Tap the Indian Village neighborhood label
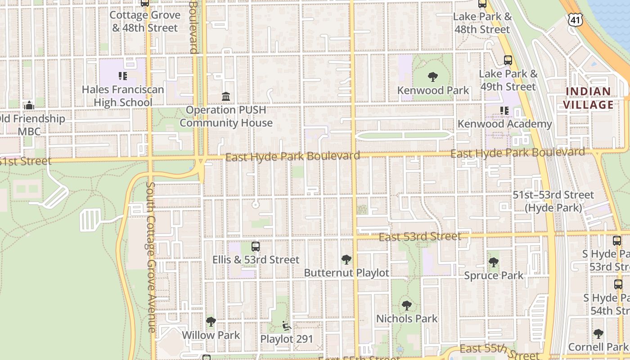(589, 98)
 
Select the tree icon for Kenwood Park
(433, 77)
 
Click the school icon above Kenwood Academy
(504, 110)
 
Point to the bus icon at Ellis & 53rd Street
(256, 247)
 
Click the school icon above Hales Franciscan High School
(123, 76)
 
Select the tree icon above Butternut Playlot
(346, 260)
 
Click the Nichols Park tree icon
(407, 306)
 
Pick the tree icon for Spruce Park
(494, 262)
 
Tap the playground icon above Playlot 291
(286, 325)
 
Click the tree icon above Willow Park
(211, 322)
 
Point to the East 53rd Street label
(420, 237)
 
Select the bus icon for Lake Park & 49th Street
(508, 60)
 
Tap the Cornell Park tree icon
(598, 333)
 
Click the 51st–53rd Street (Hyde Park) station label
(553, 201)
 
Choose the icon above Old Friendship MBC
(29, 106)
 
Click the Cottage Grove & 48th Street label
(145, 21)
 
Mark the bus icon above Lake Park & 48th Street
(482, 4)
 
